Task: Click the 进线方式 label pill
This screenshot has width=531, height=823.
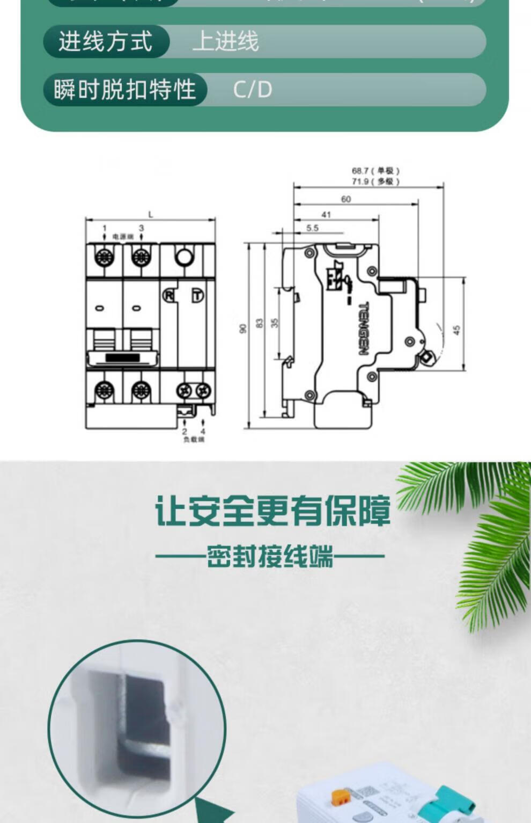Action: pyautogui.click(x=106, y=41)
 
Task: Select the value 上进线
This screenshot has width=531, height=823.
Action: pyautogui.click(x=225, y=41)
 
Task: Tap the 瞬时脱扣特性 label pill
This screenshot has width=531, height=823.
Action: pyautogui.click(x=124, y=89)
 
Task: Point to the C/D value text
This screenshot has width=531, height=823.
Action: pyautogui.click(x=253, y=89)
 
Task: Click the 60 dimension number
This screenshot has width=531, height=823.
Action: pyautogui.click(x=346, y=199)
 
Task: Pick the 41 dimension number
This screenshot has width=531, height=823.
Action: pyautogui.click(x=326, y=215)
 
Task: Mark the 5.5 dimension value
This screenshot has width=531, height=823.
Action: pyautogui.click(x=312, y=228)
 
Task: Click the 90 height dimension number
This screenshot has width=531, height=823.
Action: pyautogui.click(x=243, y=328)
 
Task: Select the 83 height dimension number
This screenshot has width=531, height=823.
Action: pyautogui.click(x=260, y=324)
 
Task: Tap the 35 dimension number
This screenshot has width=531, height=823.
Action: pyautogui.click(x=275, y=323)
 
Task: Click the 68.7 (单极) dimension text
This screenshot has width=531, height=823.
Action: pyautogui.click(x=375, y=171)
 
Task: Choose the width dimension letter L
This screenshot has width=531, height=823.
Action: pyautogui.click(x=151, y=215)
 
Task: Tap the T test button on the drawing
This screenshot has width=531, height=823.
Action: pyautogui.click(x=198, y=295)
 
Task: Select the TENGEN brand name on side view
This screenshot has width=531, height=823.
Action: pyautogui.click(x=363, y=329)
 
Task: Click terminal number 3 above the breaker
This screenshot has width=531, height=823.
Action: pyautogui.click(x=142, y=228)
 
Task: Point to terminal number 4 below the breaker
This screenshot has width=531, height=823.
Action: pyautogui.click(x=203, y=431)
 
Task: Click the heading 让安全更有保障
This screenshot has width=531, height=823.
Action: pyautogui.click(x=272, y=511)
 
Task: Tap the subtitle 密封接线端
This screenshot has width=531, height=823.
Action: pyautogui.click(x=270, y=556)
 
